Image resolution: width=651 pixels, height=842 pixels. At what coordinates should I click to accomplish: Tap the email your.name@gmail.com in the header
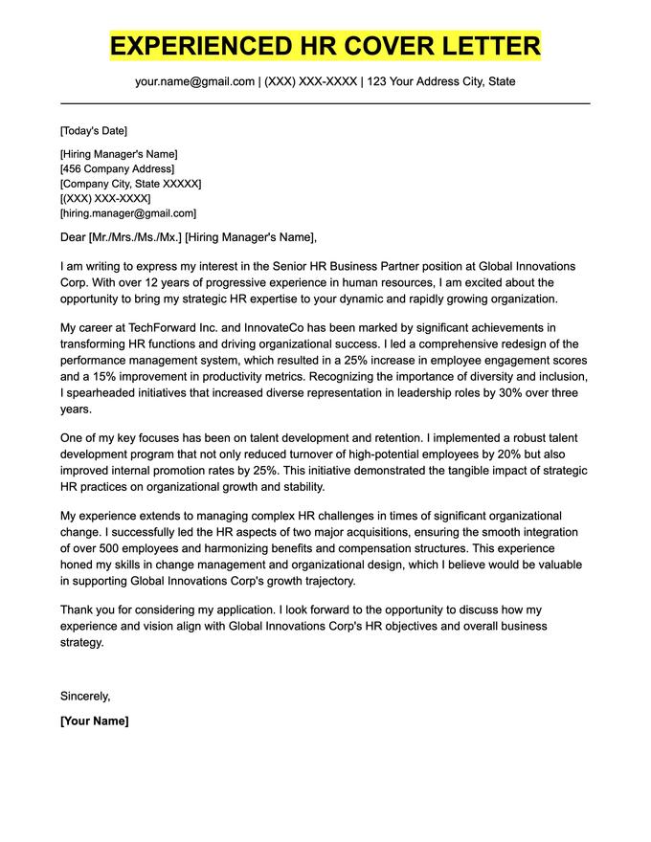click(x=194, y=81)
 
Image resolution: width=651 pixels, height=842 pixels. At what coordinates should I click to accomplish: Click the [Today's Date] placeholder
click(x=93, y=130)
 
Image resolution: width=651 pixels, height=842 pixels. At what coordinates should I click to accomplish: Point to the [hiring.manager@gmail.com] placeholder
click(x=127, y=213)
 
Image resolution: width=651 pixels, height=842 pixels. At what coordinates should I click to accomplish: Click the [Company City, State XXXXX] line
click(x=130, y=184)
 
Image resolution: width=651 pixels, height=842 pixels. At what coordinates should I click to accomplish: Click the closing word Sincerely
click(x=84, y=696)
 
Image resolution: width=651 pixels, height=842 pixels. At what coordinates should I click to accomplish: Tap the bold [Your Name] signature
click(x=94, y=720)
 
